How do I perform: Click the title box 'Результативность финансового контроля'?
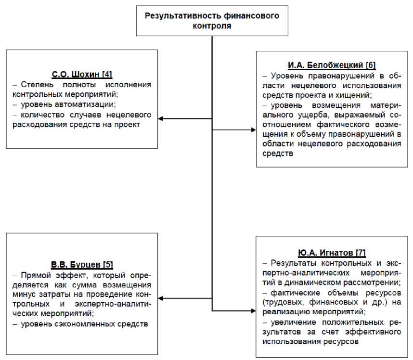tap(212, 20)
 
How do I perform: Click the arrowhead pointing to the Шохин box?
tap(162, 118)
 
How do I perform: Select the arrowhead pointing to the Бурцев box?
tap(162, 298)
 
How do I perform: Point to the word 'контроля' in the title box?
tap(212, 25)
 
